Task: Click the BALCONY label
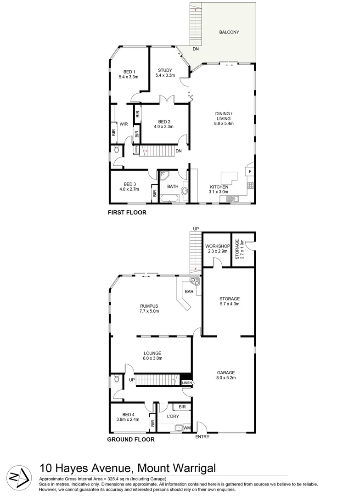click(229, 32)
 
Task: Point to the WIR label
click(124, 124)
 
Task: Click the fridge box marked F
click(250, 172)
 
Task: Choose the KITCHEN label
click(219, 187)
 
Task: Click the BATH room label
click(173, 186)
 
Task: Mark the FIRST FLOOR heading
click(127, 213)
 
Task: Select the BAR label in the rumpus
click(188, 292)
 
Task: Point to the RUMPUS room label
click(149, 306)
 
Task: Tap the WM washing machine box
click(187, 428)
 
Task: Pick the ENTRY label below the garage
click(202, 437)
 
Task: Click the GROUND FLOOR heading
click(131, 440)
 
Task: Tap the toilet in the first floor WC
click(116, 150)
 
